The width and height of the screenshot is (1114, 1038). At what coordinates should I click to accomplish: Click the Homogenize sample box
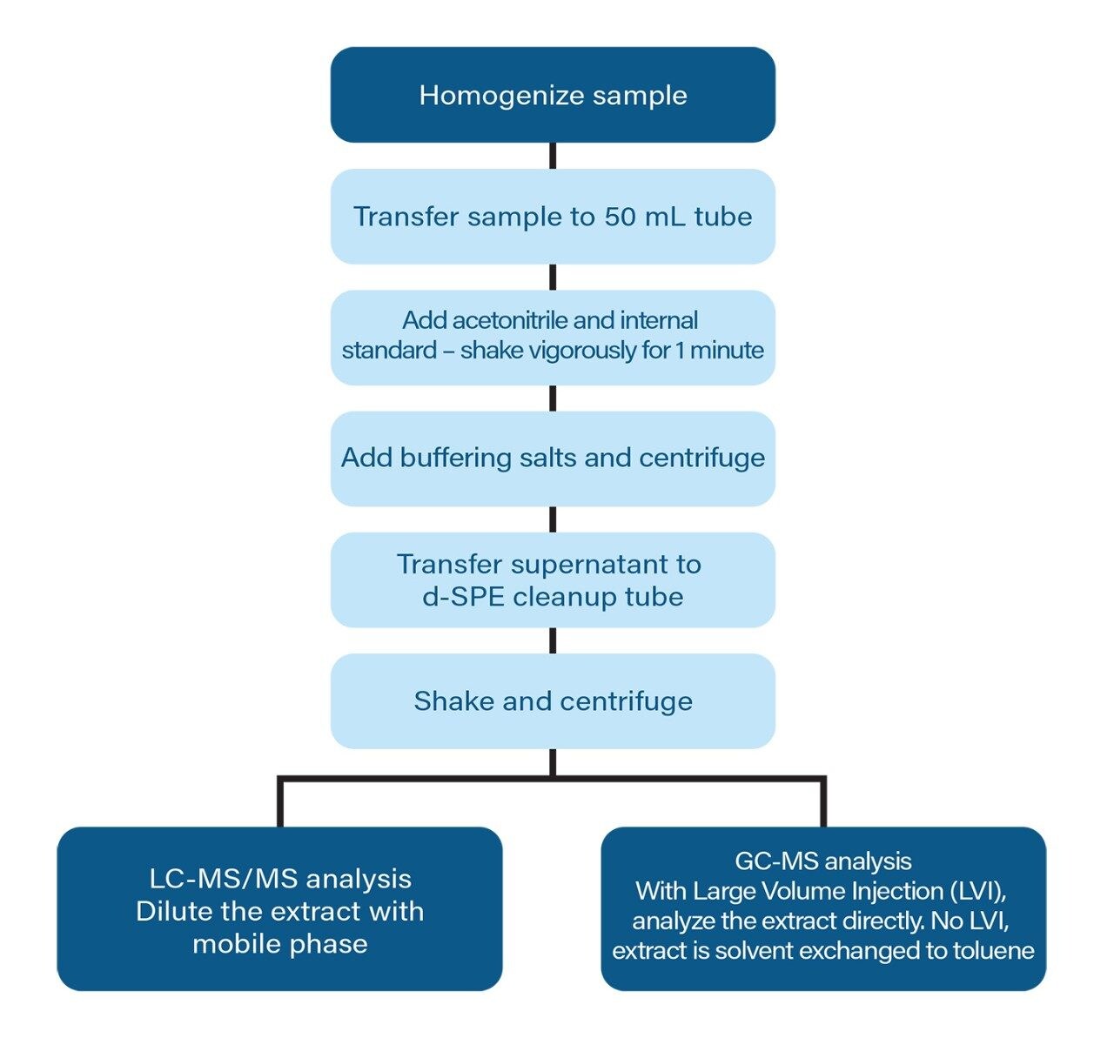click(553, 94)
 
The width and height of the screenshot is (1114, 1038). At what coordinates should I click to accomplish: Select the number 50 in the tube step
click(621, 217)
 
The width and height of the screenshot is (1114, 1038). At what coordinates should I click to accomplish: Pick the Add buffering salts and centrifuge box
click(553, 459)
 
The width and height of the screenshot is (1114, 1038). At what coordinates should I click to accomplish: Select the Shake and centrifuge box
click(553, 701)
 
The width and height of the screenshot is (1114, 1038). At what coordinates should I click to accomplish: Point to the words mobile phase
click(280, 944)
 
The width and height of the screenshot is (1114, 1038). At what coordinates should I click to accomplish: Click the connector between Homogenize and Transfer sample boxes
click(553, 156)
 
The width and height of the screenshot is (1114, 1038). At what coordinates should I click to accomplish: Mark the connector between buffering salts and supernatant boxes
click(553, 519)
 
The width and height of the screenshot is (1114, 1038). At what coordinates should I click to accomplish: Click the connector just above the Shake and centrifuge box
click(553, 640)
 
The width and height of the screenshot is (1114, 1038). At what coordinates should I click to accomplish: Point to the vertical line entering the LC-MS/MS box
click(280, 801)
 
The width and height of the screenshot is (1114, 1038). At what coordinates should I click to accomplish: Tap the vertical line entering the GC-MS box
click(823, 801)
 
